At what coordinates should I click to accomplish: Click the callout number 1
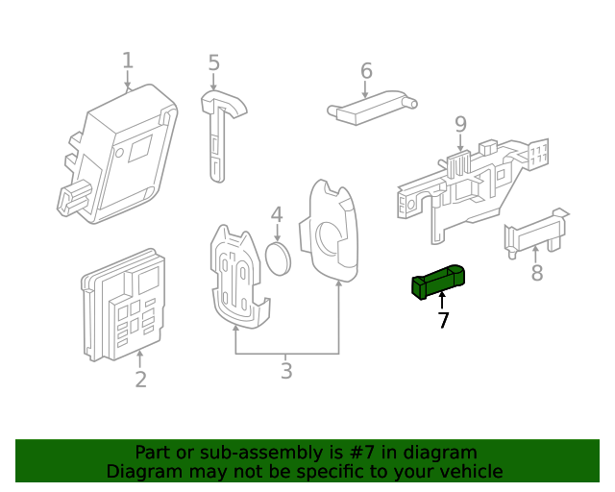point(128,61)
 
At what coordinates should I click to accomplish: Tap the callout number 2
point(140,380)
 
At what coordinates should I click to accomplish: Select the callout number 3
point(286,371)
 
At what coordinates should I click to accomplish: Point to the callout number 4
point(276,215)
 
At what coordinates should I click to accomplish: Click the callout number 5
point(213,63)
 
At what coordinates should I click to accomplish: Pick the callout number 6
point(366,71)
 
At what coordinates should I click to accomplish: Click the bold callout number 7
point(443,321)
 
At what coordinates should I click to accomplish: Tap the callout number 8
point(537,274)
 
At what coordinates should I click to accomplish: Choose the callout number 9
point(460,124)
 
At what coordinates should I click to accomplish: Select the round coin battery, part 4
point(278,258)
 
